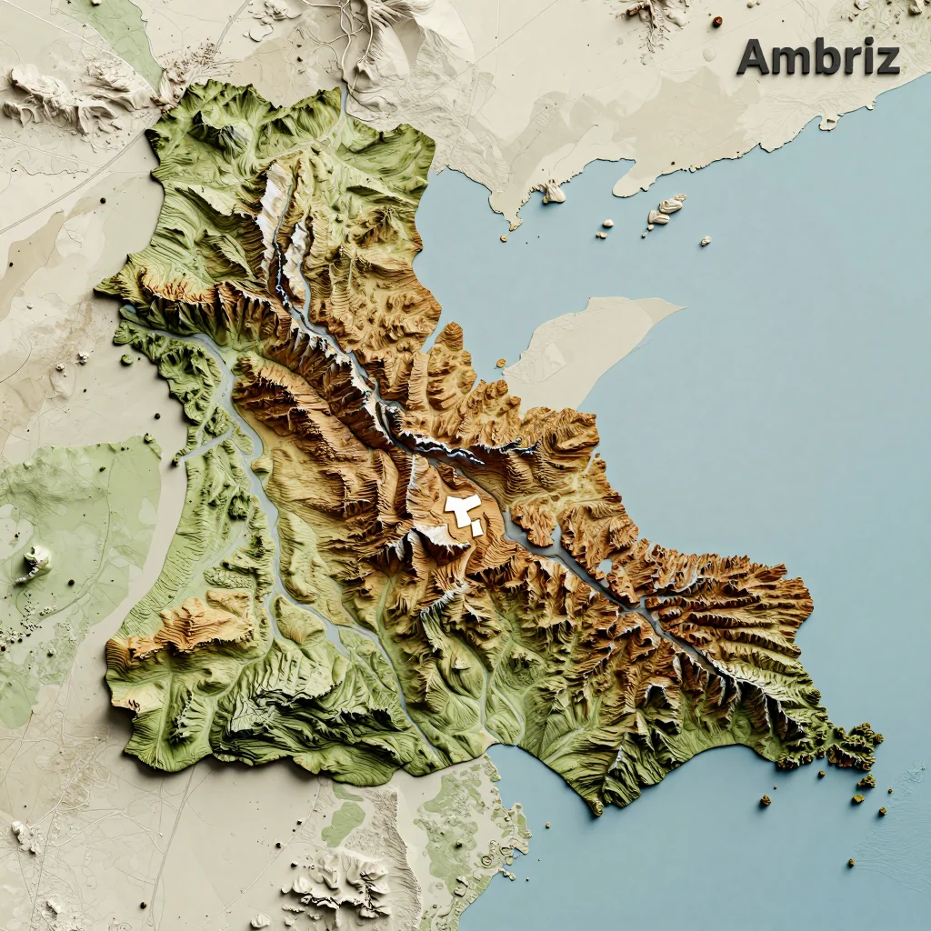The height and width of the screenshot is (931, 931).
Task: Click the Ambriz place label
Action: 818,57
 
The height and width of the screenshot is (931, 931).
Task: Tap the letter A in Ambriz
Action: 754,57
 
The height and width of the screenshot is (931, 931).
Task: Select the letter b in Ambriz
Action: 826,57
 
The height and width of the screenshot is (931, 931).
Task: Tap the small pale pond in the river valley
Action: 602,568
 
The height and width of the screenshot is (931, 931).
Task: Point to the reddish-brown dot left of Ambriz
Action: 716,21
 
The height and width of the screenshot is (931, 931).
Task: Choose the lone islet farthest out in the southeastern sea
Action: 851,862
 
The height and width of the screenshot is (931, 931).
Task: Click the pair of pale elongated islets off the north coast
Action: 666,209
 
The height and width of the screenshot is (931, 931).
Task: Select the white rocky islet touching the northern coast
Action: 552,192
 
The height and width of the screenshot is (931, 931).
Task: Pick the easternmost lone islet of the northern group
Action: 705,241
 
